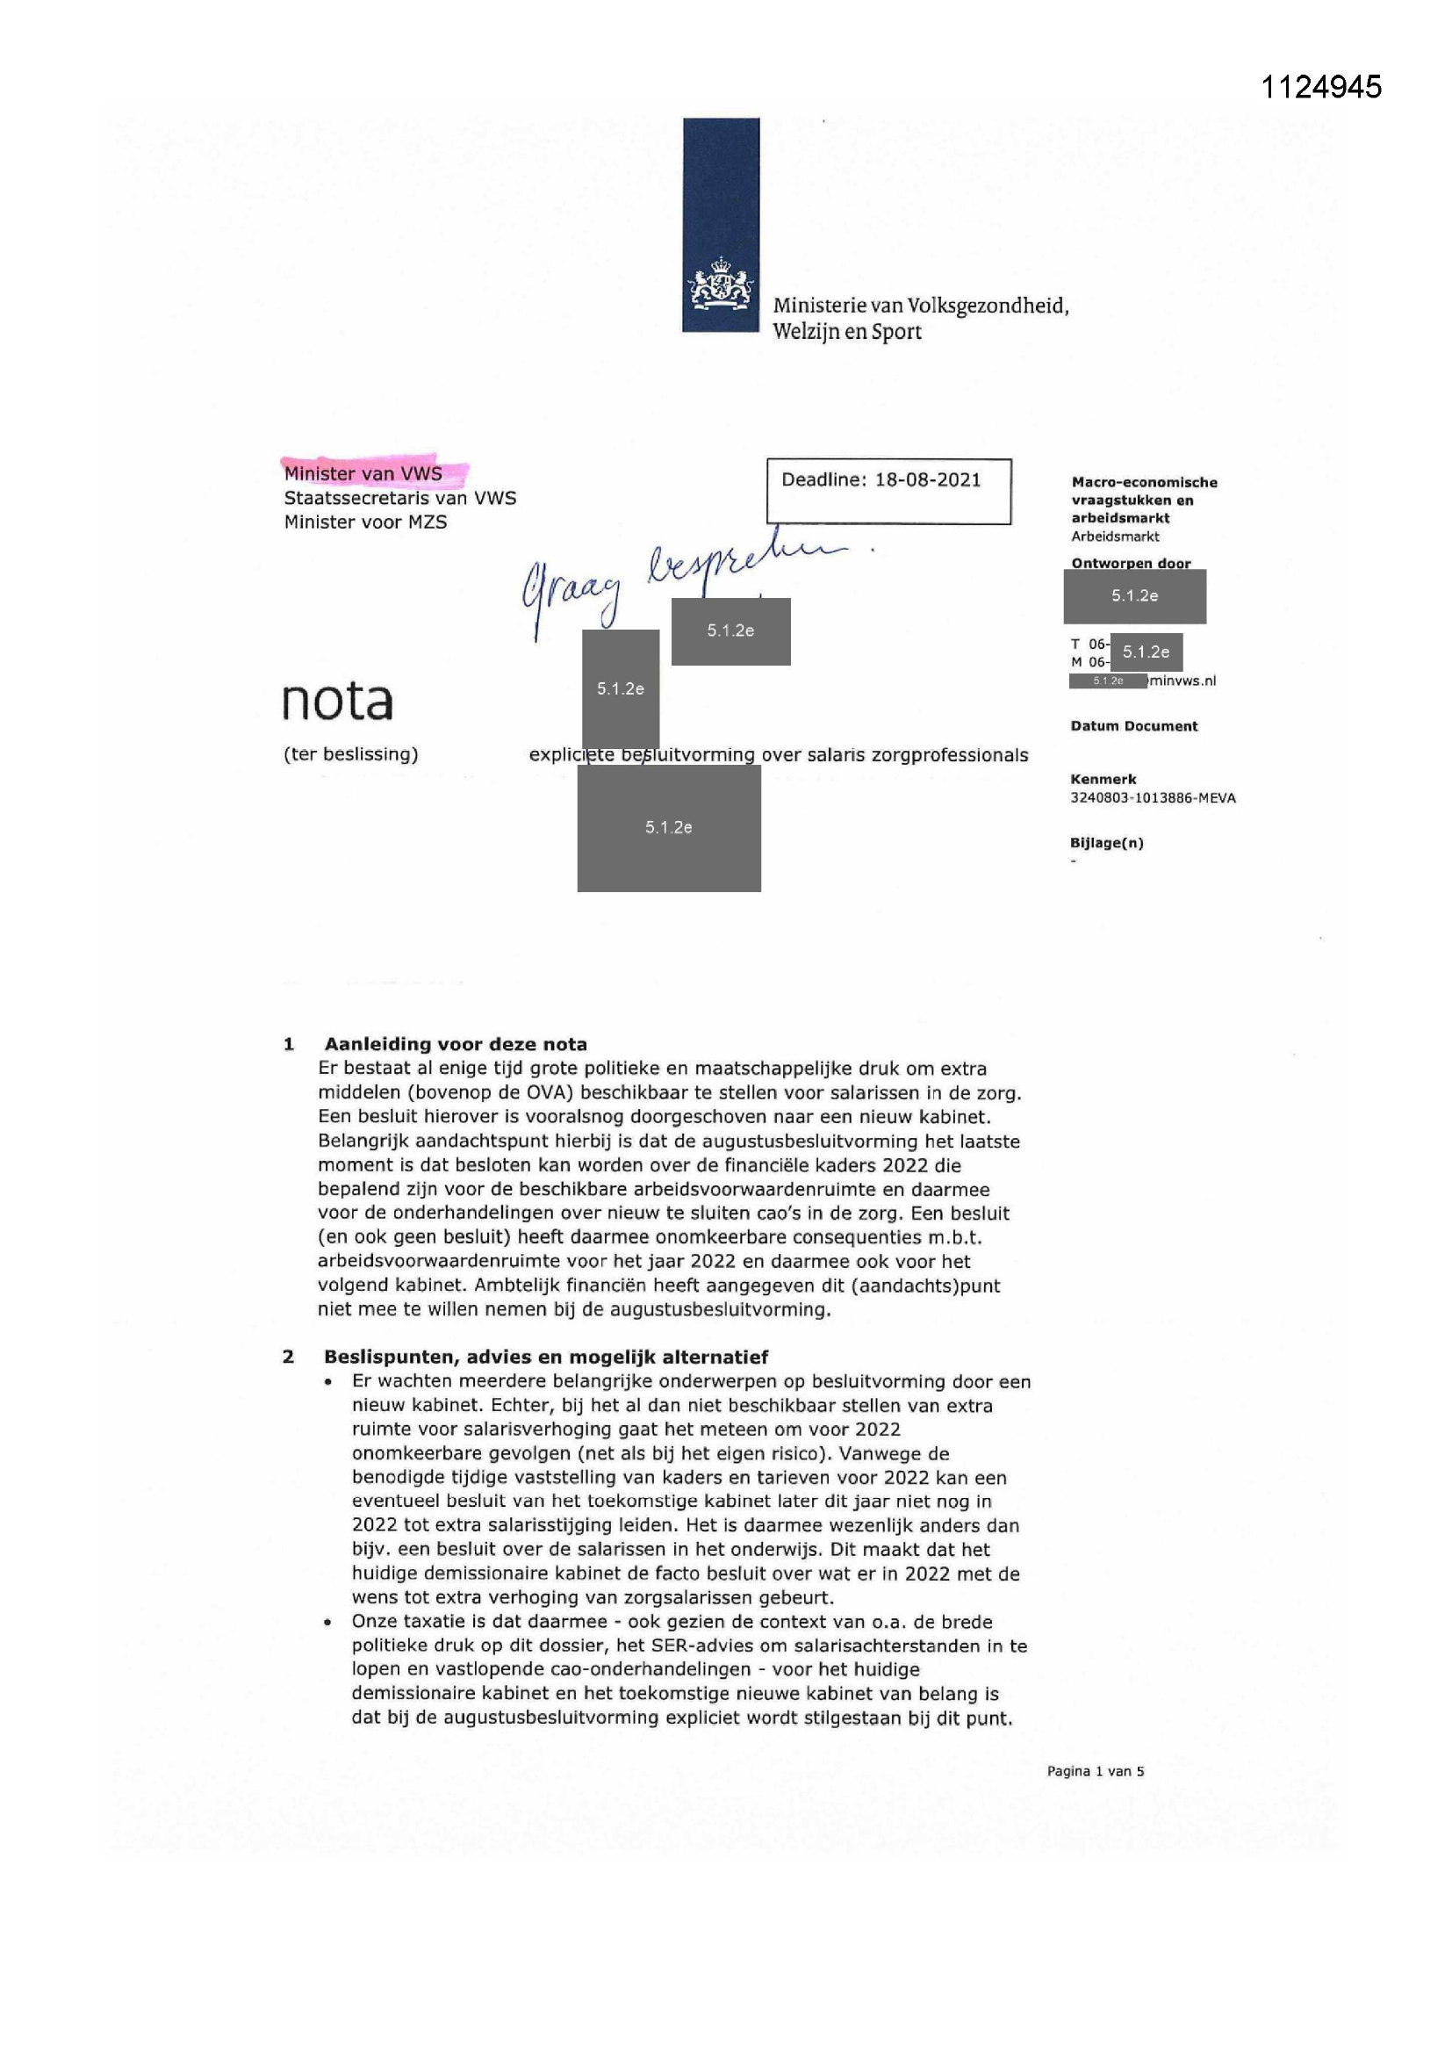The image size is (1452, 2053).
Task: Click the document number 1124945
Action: pyautogui.click(x=1320, y=87)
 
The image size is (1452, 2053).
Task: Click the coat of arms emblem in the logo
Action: pyautogui.click(x=720, y=285)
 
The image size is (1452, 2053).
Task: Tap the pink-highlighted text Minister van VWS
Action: pyautogui.click(x=363, y=474)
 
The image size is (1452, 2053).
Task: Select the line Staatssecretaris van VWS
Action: pyautogui.click(x=399, y=498)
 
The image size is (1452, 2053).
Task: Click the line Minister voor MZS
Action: pyautogui.click(x=365, y=522)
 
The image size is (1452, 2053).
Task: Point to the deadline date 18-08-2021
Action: pyautogui.click(x=927, y=480)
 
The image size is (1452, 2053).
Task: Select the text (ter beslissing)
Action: pyautogui.click(x=350, y=754)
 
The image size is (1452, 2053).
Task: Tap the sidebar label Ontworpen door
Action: pyautogui.click(x=1130, y=564)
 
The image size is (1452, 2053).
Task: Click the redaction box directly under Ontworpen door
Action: pyautogui.click(x=1133, y=596)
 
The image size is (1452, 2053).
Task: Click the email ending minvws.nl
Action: pyautogui.click(x=1182, y=681)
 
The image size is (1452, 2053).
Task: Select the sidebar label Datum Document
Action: pyautogui.click(x=1132, y=726)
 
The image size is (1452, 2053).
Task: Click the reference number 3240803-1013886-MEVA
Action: pyautogui.click(x=1153, y=797)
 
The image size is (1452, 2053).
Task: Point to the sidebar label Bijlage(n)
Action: pyautogui.click(x=1106, y=842)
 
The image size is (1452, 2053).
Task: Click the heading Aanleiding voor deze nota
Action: pyautogui.click(x=455, y=1043)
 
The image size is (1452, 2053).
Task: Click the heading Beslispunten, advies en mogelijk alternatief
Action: pyautogui.click(x=545, y=1357)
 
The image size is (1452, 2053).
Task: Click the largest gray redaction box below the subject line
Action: pyautogui.click(x=669, y=828)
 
